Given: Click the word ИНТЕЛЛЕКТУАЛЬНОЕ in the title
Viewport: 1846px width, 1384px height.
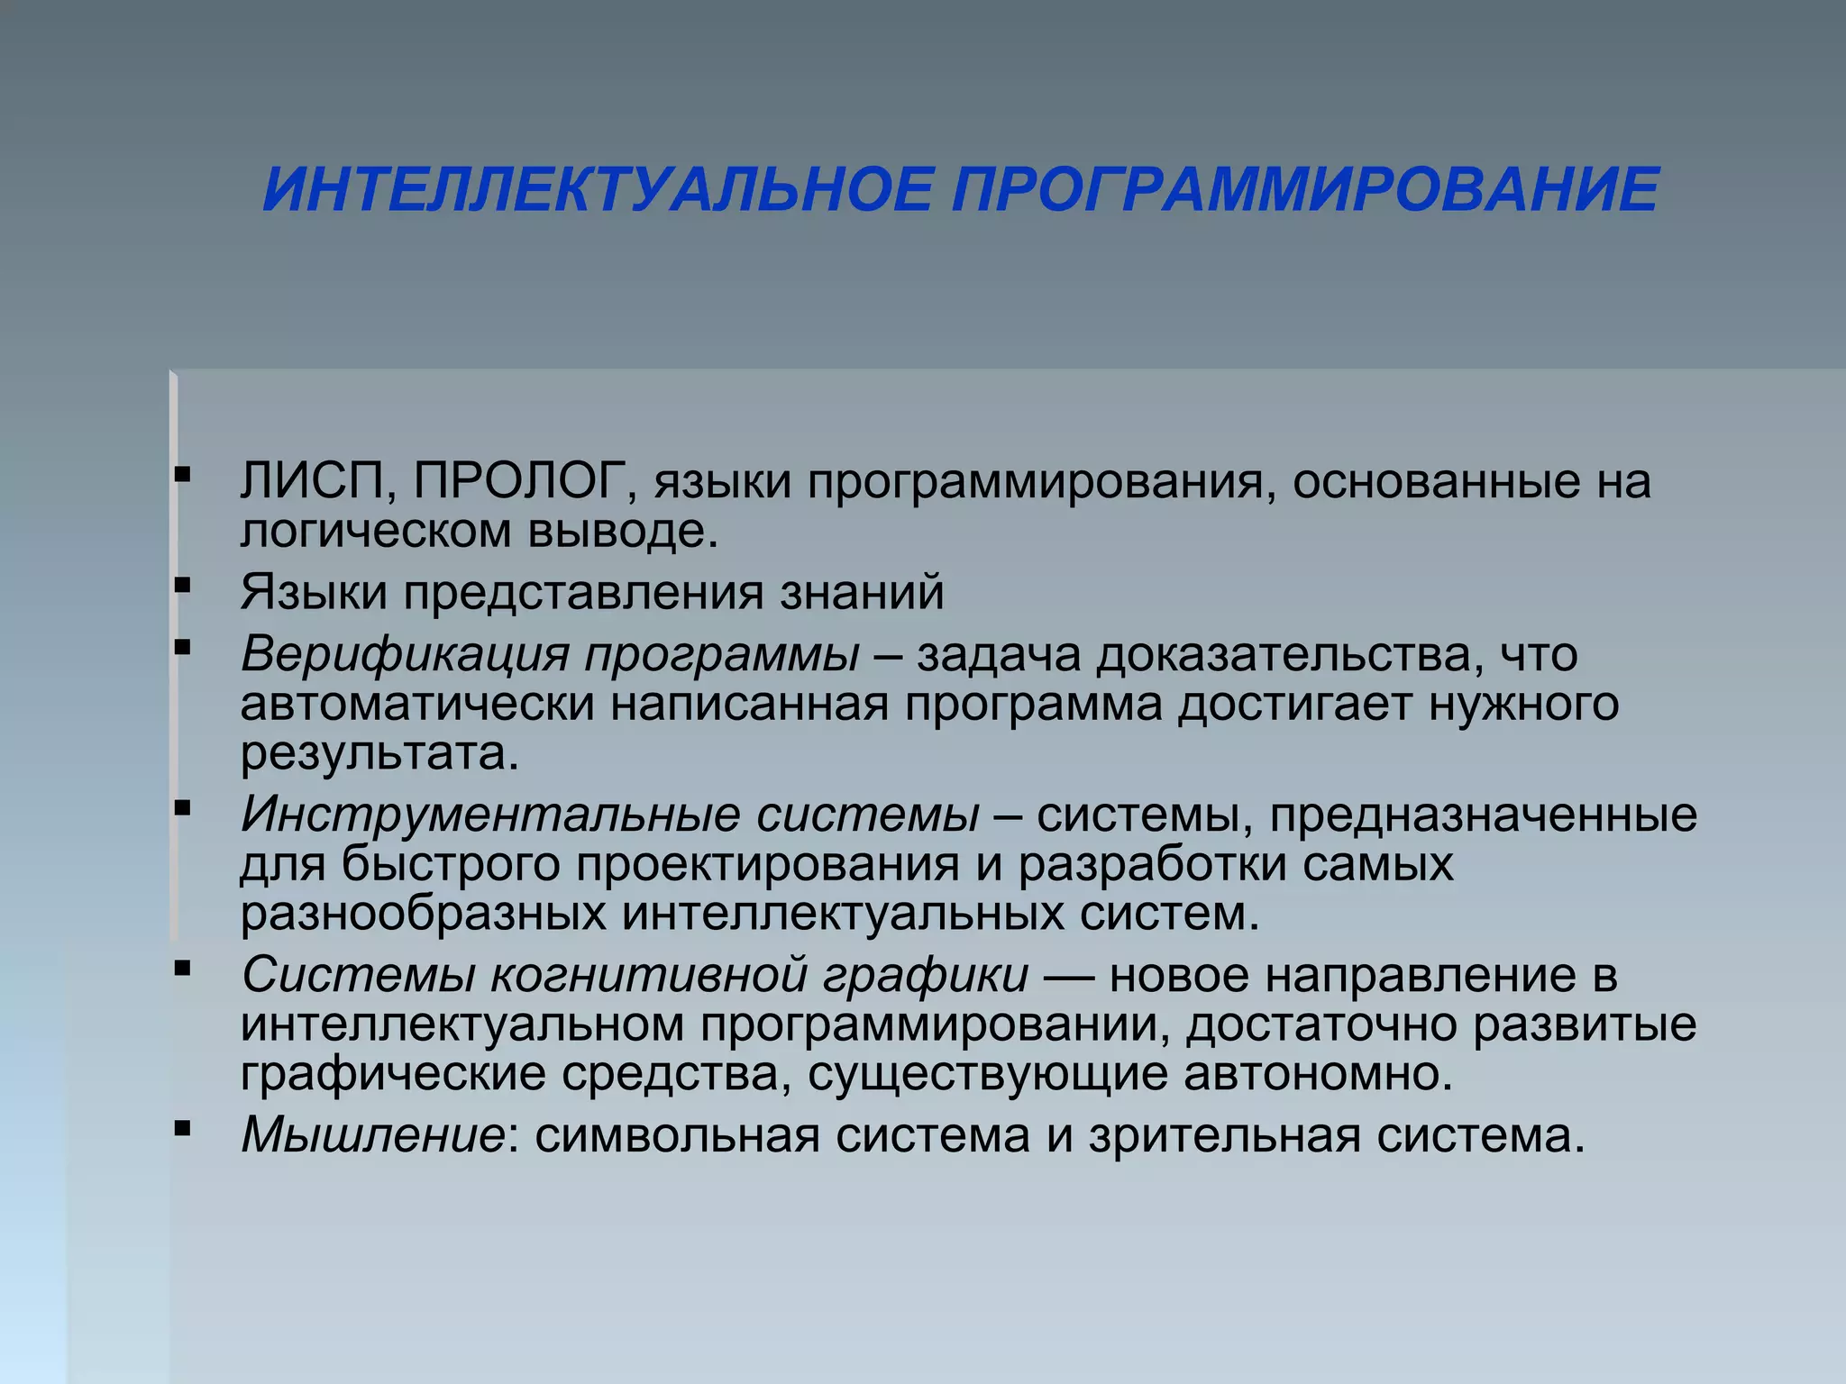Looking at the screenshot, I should pos(596,190).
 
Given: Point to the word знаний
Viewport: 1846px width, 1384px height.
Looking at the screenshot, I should pos(862,593).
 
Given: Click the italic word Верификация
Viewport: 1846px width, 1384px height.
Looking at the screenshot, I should pos(405,654).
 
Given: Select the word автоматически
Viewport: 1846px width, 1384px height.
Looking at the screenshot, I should pos(417,704).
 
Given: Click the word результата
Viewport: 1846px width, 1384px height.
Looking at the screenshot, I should pos(379,753).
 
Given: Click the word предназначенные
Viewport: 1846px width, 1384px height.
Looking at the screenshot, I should pos(1483,815).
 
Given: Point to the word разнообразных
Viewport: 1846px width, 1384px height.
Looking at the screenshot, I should pos(423,914).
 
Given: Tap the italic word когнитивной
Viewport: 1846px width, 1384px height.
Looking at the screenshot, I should pos(648,975).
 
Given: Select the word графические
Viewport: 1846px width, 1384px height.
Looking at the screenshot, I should pos(393,1074).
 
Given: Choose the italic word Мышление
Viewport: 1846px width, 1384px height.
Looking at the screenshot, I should pos(372,1135).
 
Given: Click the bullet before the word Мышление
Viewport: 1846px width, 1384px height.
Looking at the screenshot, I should pos(183,1127).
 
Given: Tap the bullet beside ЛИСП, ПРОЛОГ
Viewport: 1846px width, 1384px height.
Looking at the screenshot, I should pos(183,474).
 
